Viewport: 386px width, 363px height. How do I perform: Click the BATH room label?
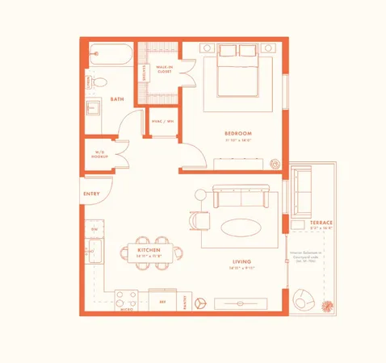pyautogui.click(x=116, y=99)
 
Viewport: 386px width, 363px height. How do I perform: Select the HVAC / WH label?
pyautogui.click(x=163, y=122)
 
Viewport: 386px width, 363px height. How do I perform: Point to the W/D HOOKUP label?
pyautogui.click(x=100, y=153)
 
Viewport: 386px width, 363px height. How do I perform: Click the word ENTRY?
pyautogui.click(x=91, y=194)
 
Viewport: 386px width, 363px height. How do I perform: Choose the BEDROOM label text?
pyautogui.click(x=238, y=133)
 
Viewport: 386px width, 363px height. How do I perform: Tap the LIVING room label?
pyautogui.click(x=241, y=262)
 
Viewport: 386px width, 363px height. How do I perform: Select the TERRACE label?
pyautogui.click(x=321, y=222)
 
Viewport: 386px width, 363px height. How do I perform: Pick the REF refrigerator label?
pyautogui.click(x=162, y=301)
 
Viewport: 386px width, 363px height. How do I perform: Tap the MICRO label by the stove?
pyautogui.click(x=126, y=308)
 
